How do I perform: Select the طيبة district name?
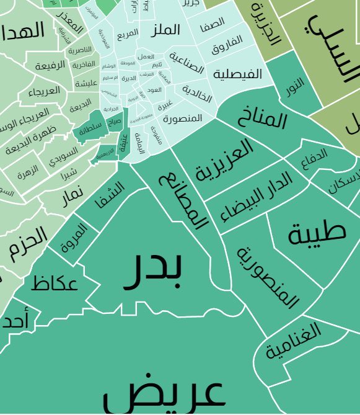click(x=316, y=232)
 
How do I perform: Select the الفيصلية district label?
click(x=238, y=74)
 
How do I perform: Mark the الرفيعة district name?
click(x=50, y=66)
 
